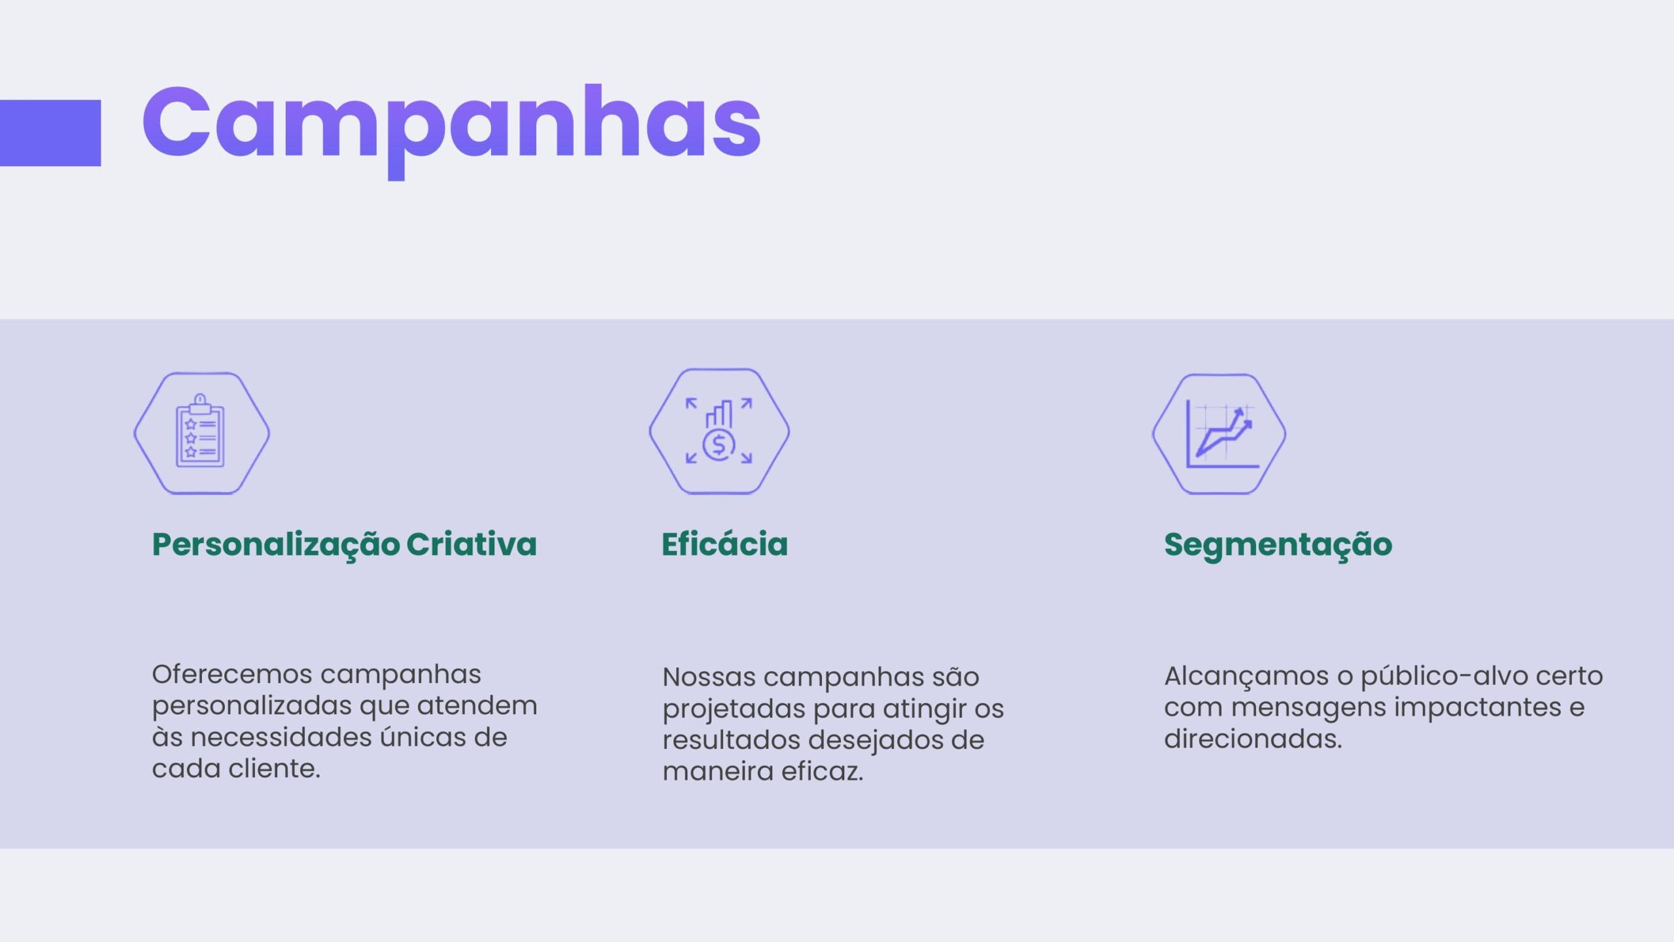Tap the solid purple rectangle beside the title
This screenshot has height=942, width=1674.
(50, 133)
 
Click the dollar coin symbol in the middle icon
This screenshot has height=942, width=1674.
(719, 445)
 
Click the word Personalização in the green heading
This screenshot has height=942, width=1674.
(276, 545)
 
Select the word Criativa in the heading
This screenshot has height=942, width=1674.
(471, 544)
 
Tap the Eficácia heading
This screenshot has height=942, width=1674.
(725, 544)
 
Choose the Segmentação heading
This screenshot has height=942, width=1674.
(1278, 545)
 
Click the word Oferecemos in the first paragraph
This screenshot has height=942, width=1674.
(231, 674)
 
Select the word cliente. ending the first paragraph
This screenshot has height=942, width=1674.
(274, 768)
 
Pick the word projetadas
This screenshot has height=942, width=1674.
(734, 709)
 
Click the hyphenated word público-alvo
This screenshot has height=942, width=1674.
(1443, 676)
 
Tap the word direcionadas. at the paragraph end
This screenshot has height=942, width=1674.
(1253, 739)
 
